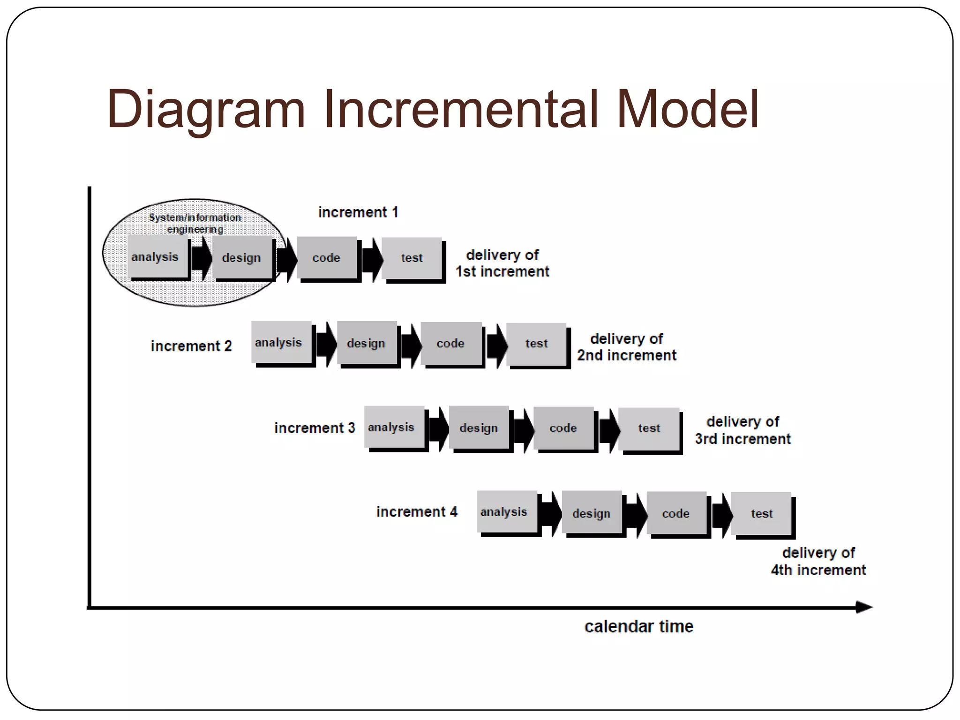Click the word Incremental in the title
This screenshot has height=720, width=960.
click(461, 109)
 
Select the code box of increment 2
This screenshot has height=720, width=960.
click(451, 343)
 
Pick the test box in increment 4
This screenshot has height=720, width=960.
click(761, 513)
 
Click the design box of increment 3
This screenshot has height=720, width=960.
click(479, 427)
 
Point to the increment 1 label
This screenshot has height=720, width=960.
click(358, 212)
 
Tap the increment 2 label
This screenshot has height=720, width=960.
click(191, 346)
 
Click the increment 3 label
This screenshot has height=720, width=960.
click(315, 428)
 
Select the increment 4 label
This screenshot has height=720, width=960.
click(417, 512)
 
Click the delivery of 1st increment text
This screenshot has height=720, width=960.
click(502, 263)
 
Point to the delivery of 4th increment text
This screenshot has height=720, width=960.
click(818, 562)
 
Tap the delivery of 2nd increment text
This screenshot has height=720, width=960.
click(627, 347)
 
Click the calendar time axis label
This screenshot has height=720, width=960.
click(638, 627)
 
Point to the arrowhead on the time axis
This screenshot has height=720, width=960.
click(863, 607)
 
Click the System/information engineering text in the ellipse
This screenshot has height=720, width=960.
click(195, 223)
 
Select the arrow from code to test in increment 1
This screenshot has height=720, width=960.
click(372, 259)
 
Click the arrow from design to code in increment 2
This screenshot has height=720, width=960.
click(411, 345)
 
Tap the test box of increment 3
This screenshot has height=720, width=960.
click(649, 428)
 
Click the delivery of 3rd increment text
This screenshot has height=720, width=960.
click(742, 430)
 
